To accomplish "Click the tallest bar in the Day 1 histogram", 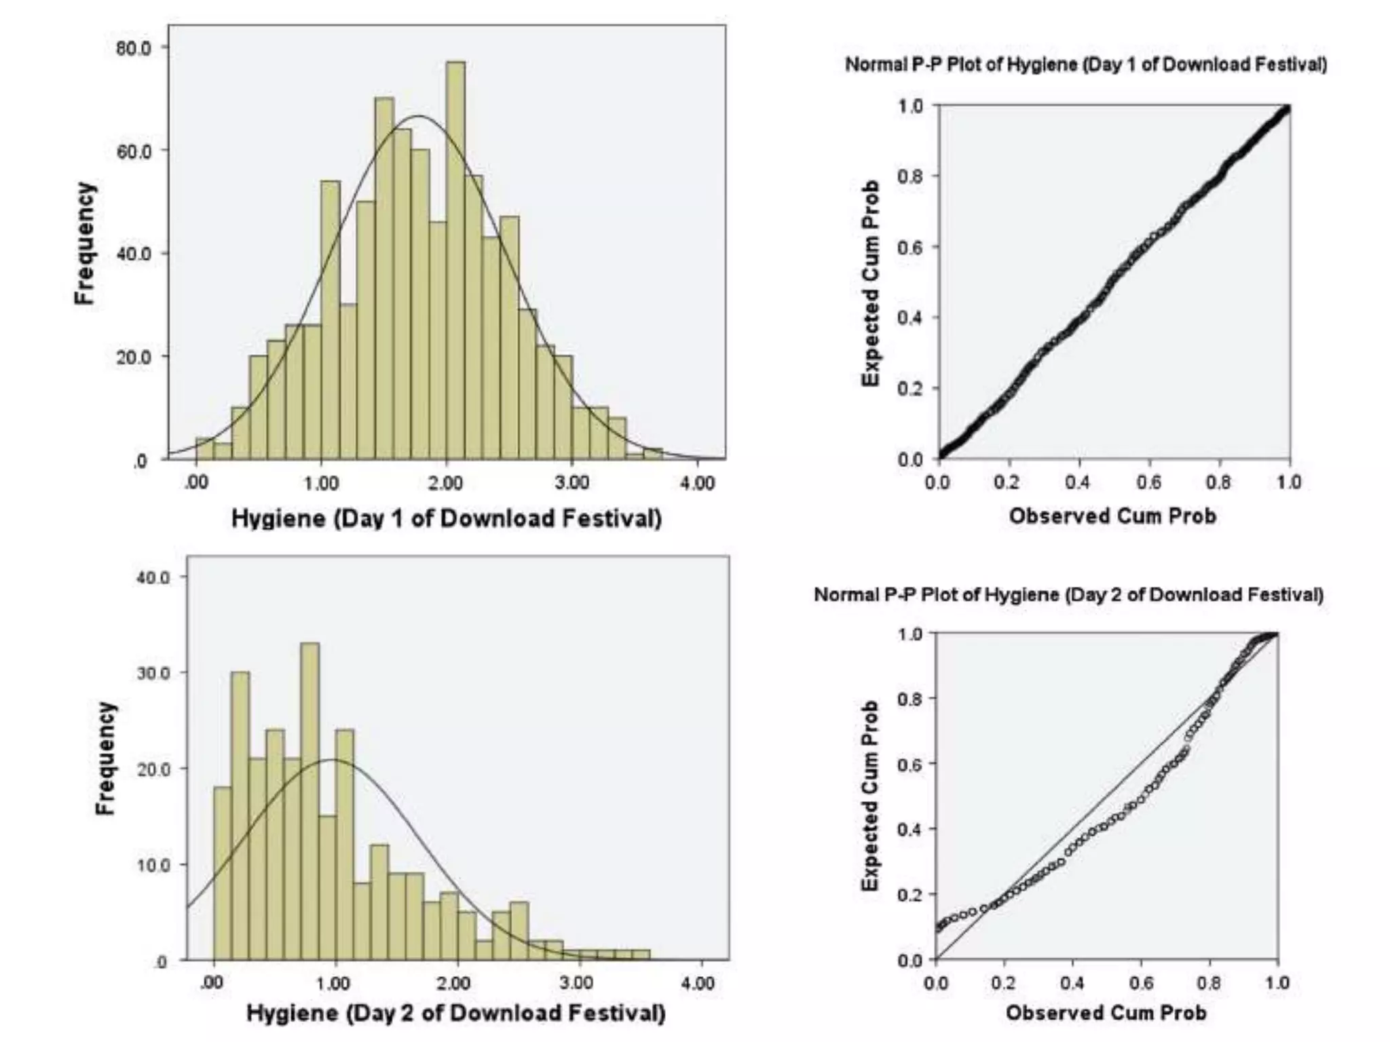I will click(x=456, y=258).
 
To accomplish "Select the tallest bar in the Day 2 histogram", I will click(x=309, y=800).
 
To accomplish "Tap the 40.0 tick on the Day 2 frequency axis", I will click(x=155, y=577).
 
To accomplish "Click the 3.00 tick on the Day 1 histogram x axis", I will click(x=571, y=483).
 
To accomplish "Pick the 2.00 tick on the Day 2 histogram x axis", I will click(x=453, y=983).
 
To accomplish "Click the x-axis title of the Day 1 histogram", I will click(x=446, y=518).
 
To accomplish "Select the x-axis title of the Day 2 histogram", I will click(x=455, y=1014).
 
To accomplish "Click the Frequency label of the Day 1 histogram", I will click(x=85, y=244).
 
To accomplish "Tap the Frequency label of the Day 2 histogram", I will click(x=105, y=758).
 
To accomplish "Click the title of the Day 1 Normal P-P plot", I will click(x=1085, y=64).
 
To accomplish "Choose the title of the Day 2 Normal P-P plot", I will click(x=1068, y=595).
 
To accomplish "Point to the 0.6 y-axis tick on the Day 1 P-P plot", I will click(x=910, y=247).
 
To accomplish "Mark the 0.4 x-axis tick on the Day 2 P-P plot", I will click(x=1072, y=983).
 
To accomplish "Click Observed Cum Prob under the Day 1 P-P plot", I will click(x=1112, y=516).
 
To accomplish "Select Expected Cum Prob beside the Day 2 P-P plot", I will click(x=870, y=795).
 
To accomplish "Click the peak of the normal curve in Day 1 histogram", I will click(x=419, y=116).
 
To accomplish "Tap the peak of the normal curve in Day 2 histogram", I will click(x=333, y=759).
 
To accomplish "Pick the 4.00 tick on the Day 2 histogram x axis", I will click(x=698, y=983).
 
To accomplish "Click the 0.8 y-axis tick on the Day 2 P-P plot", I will click(x=909, y=699).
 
